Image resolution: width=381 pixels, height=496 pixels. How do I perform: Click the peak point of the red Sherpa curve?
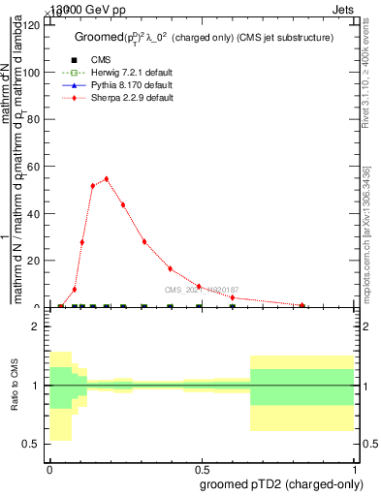coord(107,179)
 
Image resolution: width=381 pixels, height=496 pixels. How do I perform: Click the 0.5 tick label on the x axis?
coord(203,468)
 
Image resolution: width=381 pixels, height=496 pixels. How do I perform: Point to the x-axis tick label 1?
coord(356,468)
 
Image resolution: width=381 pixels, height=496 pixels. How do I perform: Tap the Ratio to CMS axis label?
coord(15,386)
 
